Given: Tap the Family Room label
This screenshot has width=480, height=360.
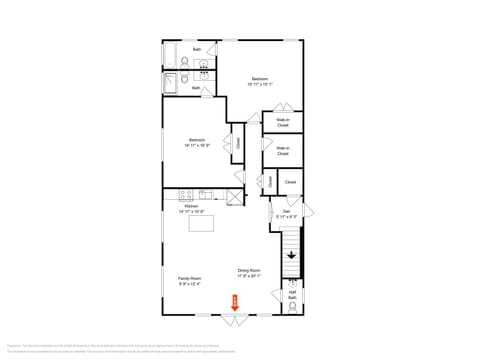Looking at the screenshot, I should [190, 278].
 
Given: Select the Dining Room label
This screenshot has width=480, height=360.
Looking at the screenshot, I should [249, 270].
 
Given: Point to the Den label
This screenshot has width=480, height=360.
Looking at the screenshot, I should [285, 212].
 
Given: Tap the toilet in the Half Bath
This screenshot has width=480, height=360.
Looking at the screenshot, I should [292, 309].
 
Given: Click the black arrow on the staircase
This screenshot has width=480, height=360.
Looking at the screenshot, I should [291, 255].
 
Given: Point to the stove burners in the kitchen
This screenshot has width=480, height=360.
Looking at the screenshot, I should [183, 194].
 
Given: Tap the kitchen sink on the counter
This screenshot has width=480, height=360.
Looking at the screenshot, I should [206, 194].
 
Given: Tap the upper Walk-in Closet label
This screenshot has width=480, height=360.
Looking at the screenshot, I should [282, 123].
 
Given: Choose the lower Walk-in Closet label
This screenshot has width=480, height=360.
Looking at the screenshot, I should [282, 151].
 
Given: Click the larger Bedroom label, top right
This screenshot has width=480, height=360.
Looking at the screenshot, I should [259, 78].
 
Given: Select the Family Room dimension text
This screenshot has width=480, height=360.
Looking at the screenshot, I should [190, 284].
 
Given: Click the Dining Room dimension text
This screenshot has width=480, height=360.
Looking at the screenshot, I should [249, 276].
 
